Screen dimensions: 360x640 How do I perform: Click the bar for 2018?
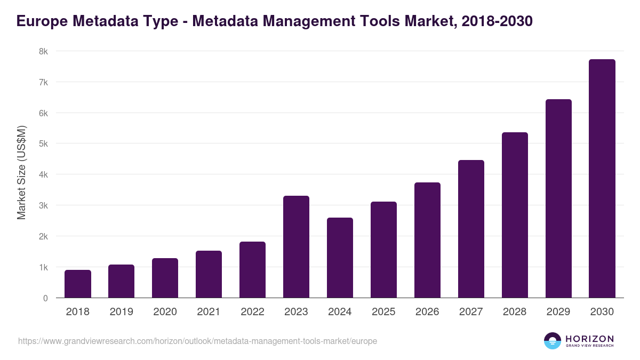78,284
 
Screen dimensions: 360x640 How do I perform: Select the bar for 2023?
296,247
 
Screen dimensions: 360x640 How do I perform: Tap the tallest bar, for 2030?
602,179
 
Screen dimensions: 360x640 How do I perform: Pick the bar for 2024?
340,258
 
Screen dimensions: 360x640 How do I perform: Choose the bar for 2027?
471,229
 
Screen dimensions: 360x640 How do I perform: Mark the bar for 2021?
209,274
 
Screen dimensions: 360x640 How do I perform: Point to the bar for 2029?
558,198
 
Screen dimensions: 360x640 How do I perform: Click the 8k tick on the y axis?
43,52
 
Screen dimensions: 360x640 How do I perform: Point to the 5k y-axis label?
43,144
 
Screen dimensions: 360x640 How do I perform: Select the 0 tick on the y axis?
46,298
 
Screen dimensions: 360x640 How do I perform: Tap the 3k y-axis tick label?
43,206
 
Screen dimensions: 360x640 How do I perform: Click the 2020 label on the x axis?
165,312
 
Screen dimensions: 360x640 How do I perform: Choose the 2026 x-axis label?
427,312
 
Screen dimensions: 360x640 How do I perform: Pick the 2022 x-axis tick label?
252,312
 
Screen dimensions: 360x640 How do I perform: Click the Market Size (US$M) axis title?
21,172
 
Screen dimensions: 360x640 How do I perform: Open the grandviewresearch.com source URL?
197,341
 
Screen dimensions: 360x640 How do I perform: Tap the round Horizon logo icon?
553,341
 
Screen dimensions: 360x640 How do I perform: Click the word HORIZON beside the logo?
589,339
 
